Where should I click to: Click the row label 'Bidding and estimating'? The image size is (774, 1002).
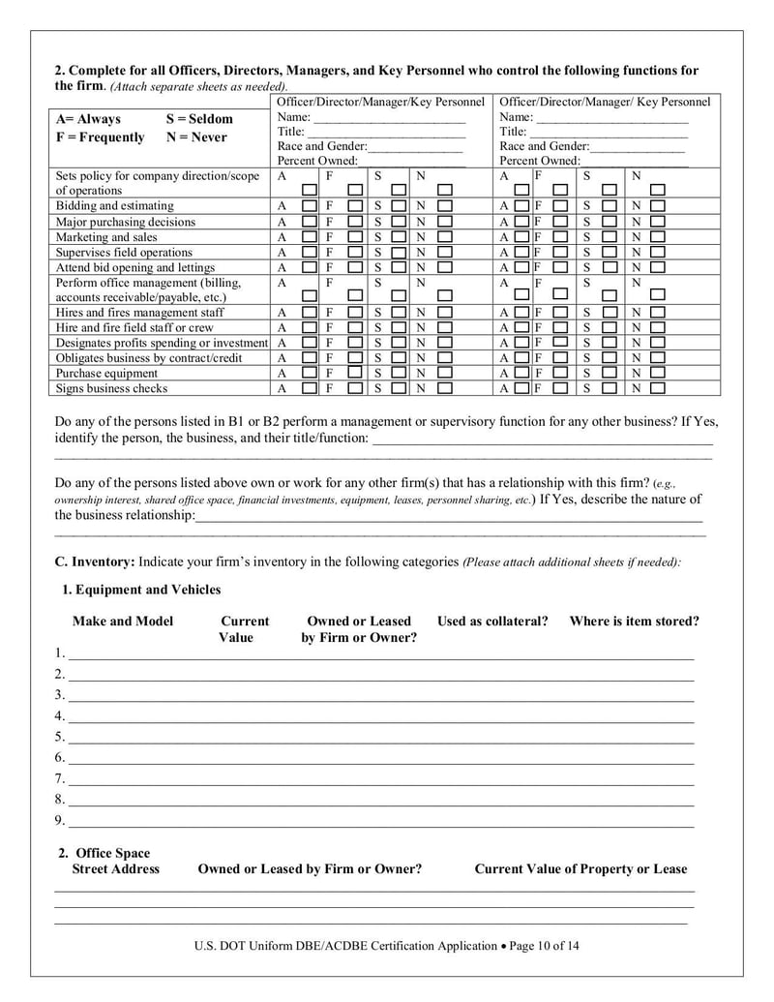pos(114,206)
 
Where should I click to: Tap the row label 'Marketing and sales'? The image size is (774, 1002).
pos(105,237)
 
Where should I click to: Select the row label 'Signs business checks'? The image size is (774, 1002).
pos(111,388)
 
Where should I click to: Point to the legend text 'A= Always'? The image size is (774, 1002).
pos(88,119)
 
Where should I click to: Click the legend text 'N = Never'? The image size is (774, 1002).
pos(196,137)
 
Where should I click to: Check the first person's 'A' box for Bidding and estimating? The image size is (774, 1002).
pos(309,207)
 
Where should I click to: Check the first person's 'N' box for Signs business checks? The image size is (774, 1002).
pos(444,389)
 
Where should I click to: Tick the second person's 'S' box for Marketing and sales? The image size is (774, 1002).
pos(609,238)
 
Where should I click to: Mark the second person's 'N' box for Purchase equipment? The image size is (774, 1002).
pos(657,374)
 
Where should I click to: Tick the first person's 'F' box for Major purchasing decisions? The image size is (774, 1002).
pos(355,223)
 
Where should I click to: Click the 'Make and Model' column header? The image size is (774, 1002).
pos(123,622)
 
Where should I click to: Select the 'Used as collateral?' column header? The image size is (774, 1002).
pos(492,622)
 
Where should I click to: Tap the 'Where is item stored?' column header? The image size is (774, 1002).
pos(634,622)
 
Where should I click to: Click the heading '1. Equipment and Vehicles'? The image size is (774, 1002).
pos(141,590)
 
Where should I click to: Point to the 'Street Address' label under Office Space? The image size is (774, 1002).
pos(116,869)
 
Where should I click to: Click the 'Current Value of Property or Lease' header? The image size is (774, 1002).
pos(580,869)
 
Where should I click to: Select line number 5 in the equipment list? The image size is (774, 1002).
pos(60,737)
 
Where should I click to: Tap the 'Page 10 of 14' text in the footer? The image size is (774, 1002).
pos(545,946)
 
